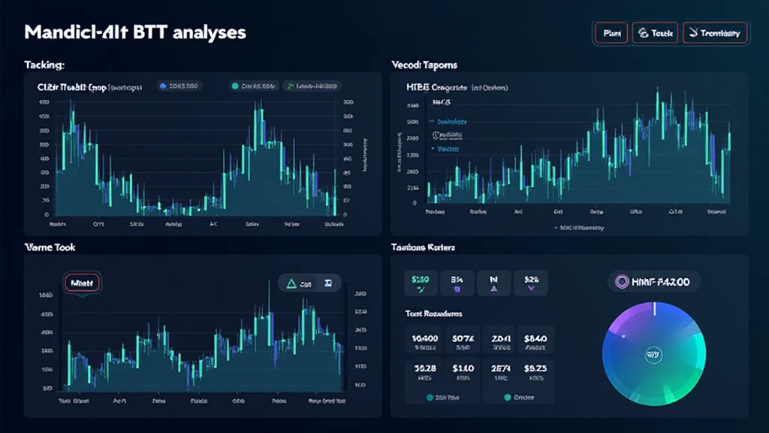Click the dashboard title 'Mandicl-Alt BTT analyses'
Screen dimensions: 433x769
point(135,33)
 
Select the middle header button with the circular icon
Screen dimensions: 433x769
point(656,33)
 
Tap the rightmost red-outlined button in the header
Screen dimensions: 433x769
point(715,33)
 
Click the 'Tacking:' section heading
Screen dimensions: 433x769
point(44,65)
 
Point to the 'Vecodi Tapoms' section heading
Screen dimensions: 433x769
point(424,65)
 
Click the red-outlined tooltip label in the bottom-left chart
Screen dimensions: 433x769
point(82,283)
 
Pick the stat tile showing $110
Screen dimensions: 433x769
point(463,371)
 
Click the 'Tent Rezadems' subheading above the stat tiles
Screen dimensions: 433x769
point(433,313)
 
